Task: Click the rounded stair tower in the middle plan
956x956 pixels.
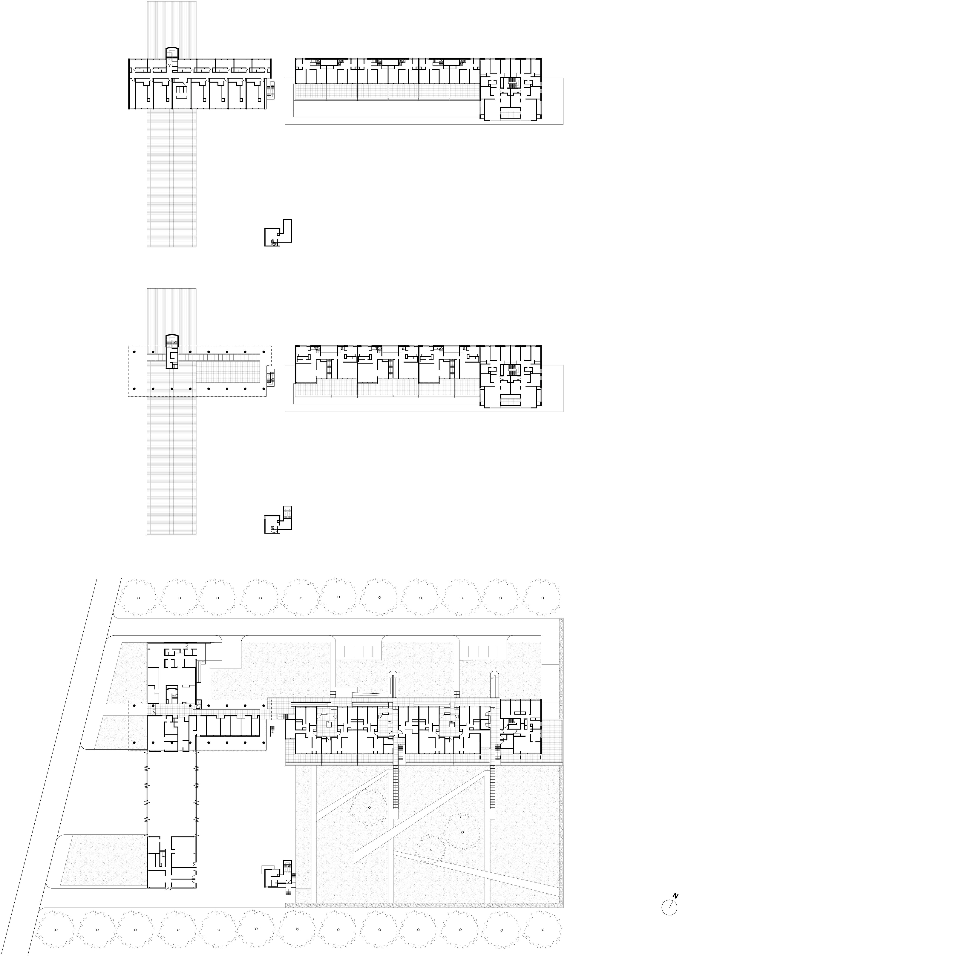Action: point(171,351)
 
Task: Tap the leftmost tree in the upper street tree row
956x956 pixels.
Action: point(139,598)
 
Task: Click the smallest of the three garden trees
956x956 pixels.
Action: point(431,850)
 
